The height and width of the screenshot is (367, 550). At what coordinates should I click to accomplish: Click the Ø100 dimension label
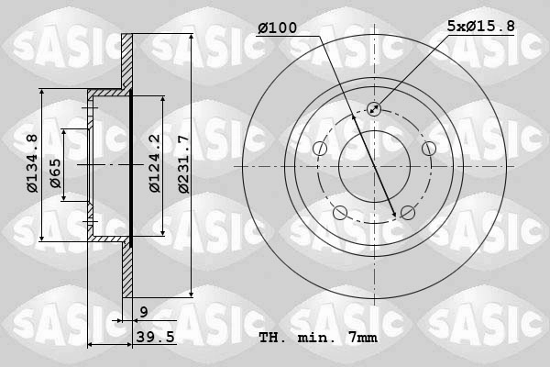[x=278, y=28]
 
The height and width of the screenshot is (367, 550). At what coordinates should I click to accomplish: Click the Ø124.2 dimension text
[x=155, y=162]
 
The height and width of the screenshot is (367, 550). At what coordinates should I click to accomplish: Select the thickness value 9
[x=145, y=313]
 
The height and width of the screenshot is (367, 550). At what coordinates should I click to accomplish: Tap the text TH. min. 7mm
[x=318, y=338]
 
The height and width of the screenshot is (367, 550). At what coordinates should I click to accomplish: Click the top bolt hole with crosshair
[x=374, y=109]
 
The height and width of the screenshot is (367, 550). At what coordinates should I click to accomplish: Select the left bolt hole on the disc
[x=320, y=149]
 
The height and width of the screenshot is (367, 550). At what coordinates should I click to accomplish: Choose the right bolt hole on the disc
[x=428, y=149]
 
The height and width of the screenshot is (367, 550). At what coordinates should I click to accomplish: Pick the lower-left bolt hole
[x=341, y=213]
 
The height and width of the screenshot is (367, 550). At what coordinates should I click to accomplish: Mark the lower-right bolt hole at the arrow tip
[x=406, y=213]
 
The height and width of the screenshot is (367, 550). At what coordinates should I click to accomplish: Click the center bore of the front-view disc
[x=374, y=166]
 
